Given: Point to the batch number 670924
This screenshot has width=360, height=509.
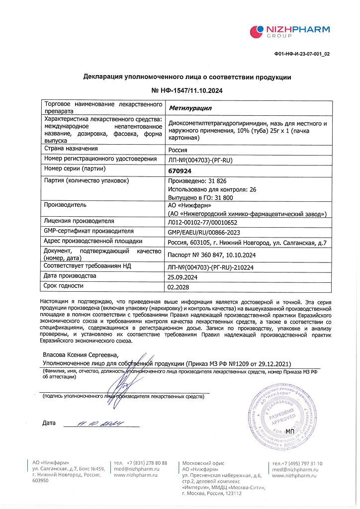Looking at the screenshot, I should tap(180, 170).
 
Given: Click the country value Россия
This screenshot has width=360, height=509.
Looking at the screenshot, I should tap(179, 150).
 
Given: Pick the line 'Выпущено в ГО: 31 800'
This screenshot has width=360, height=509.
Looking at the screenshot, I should tap(197, 197).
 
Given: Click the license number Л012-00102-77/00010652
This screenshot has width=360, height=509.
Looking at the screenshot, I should tap(203, 223).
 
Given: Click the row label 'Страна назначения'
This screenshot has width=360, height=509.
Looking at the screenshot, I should tap(71, 149).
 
